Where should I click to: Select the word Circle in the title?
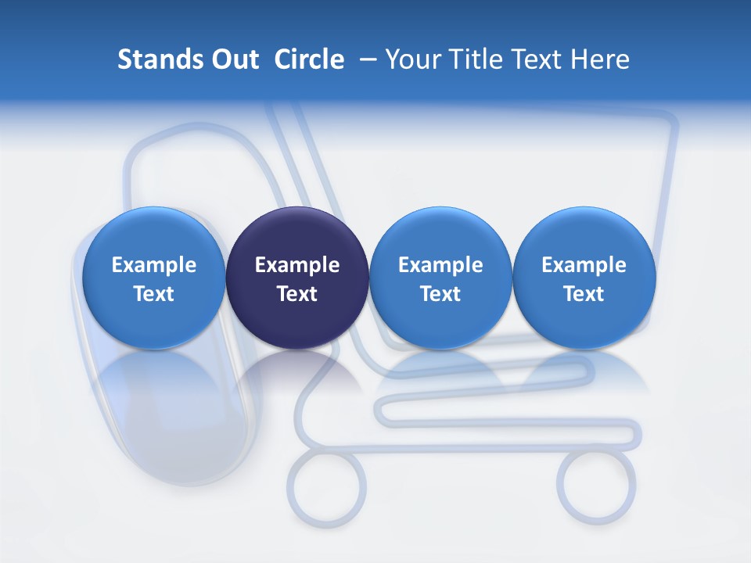309,59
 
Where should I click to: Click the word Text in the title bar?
537,59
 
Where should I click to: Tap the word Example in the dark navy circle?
297,265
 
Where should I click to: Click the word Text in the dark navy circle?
297,294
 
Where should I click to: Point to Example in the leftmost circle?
153,265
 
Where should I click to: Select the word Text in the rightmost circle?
584,294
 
